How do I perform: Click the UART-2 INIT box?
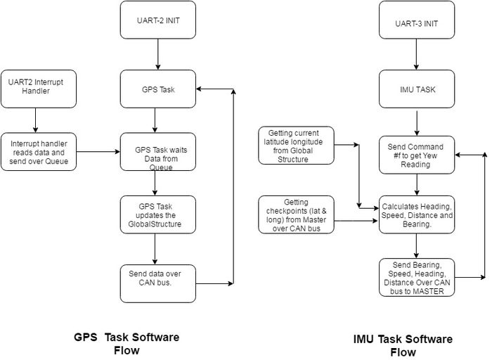[x=158, y=20]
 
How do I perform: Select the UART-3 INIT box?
[x=417, y=20]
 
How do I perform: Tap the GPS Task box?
[x=158, y=89]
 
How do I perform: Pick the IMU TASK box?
[x=417, y=89]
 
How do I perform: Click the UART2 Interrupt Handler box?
[x=39, y=89]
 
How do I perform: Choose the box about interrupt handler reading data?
[x=39, y=152]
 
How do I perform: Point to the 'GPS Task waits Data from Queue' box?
[x=158, y=152]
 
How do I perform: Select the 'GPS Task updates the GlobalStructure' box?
[x=158, y=214]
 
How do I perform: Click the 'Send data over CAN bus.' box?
[x=158, y=284]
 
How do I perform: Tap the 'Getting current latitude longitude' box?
[x=296, y=146]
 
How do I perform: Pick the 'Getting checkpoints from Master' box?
[x=296, y=214]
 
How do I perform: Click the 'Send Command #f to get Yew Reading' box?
[x=417, y=155]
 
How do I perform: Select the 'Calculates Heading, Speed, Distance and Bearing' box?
[x=417, y=214]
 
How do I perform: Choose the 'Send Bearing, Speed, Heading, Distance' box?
[x=417, y=278]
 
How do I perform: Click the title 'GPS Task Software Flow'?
[x=127, y=343]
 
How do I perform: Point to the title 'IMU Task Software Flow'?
[x=403, y=345]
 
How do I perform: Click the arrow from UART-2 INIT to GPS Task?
[x=158, y=54]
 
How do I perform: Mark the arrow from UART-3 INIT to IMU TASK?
[x=416, y=54]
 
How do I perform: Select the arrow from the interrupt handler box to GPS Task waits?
[x=98, y=152]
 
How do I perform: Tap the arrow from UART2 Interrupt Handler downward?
[x=35, y=120]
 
